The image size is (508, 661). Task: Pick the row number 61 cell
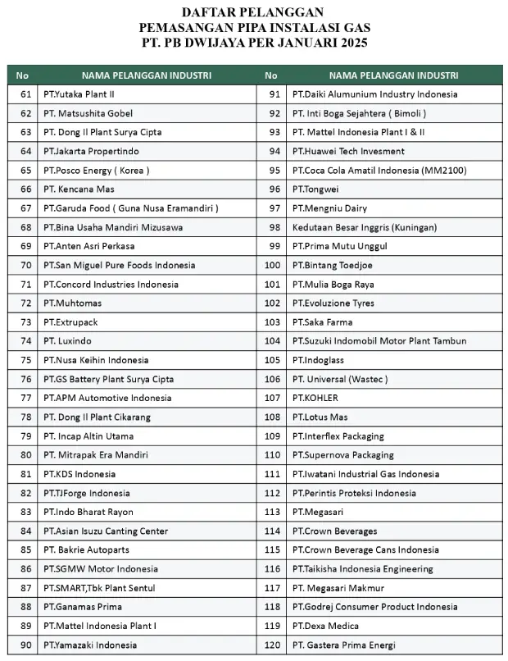click(25, 94)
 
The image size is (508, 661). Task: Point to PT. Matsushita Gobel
click(88, 113)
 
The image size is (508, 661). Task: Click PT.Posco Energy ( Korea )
click(96, 170)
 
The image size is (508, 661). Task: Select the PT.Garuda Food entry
click(130, 207)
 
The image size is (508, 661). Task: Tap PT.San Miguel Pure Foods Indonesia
click(119, 265)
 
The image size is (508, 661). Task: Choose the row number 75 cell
click(25, 360)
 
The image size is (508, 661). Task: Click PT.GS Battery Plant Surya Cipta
click(108, 379)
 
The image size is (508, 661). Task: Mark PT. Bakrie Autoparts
click(87, 549)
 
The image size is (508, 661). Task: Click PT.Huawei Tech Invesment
click(348, 151)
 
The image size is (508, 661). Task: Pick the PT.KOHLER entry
click(315, 398)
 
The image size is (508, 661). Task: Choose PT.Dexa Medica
click(328, 626)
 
